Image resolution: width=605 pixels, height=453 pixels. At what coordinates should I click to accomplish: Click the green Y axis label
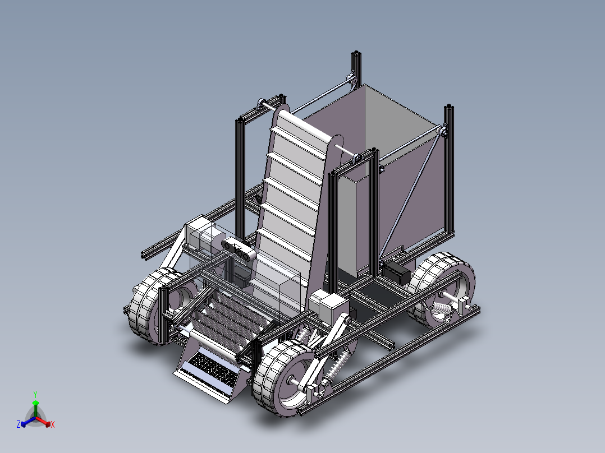(x=35, y=394)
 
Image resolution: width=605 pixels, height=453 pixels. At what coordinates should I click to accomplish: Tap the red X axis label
(x=53, y=424)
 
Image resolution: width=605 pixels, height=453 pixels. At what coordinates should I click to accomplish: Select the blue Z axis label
(x=19, y=424)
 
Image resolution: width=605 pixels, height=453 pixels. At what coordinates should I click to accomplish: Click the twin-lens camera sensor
(x=239, y=249)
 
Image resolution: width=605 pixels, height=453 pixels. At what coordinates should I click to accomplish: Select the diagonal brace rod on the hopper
(x=411, y=194)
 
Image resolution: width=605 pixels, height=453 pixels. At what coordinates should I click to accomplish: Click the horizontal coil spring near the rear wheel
(x=441, y=308)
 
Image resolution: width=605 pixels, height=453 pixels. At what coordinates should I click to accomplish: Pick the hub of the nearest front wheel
(x=292, y=382)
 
